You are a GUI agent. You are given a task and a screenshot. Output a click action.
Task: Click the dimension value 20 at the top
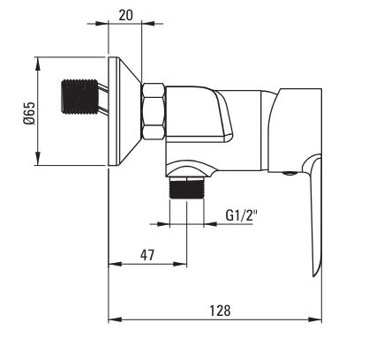tap(125, 15)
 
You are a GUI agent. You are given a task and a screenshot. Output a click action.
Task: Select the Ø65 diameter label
tap(30, 114)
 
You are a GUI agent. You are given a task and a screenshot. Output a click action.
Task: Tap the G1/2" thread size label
tap(241, 215)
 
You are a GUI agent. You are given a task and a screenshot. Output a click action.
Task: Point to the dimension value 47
tap(147, 255)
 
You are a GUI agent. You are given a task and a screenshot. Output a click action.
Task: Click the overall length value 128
tap(220, 311)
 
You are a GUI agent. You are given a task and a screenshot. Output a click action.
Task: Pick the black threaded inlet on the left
tap(79, 97)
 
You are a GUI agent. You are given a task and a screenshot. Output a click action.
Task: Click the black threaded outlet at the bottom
tap(187, 189)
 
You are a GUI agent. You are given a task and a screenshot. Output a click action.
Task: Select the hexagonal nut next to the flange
tap(154, 111)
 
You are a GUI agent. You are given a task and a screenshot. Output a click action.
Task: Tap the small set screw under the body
tap(289, 173)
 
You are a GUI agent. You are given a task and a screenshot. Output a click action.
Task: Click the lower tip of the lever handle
tap(314, 276)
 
